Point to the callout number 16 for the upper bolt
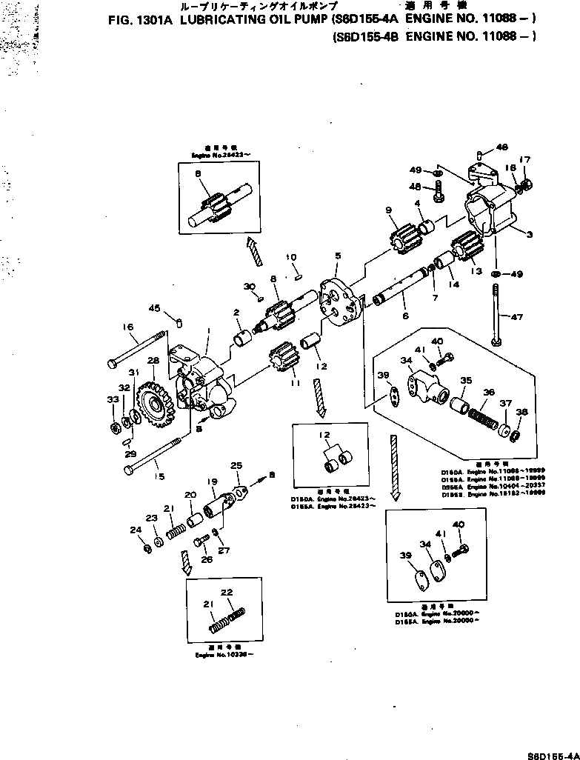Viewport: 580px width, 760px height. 127,327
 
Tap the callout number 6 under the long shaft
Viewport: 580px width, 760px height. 404,315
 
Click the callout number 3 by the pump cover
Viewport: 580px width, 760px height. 529,236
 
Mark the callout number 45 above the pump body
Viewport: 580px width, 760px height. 154,308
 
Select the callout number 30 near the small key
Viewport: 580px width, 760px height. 249,287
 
